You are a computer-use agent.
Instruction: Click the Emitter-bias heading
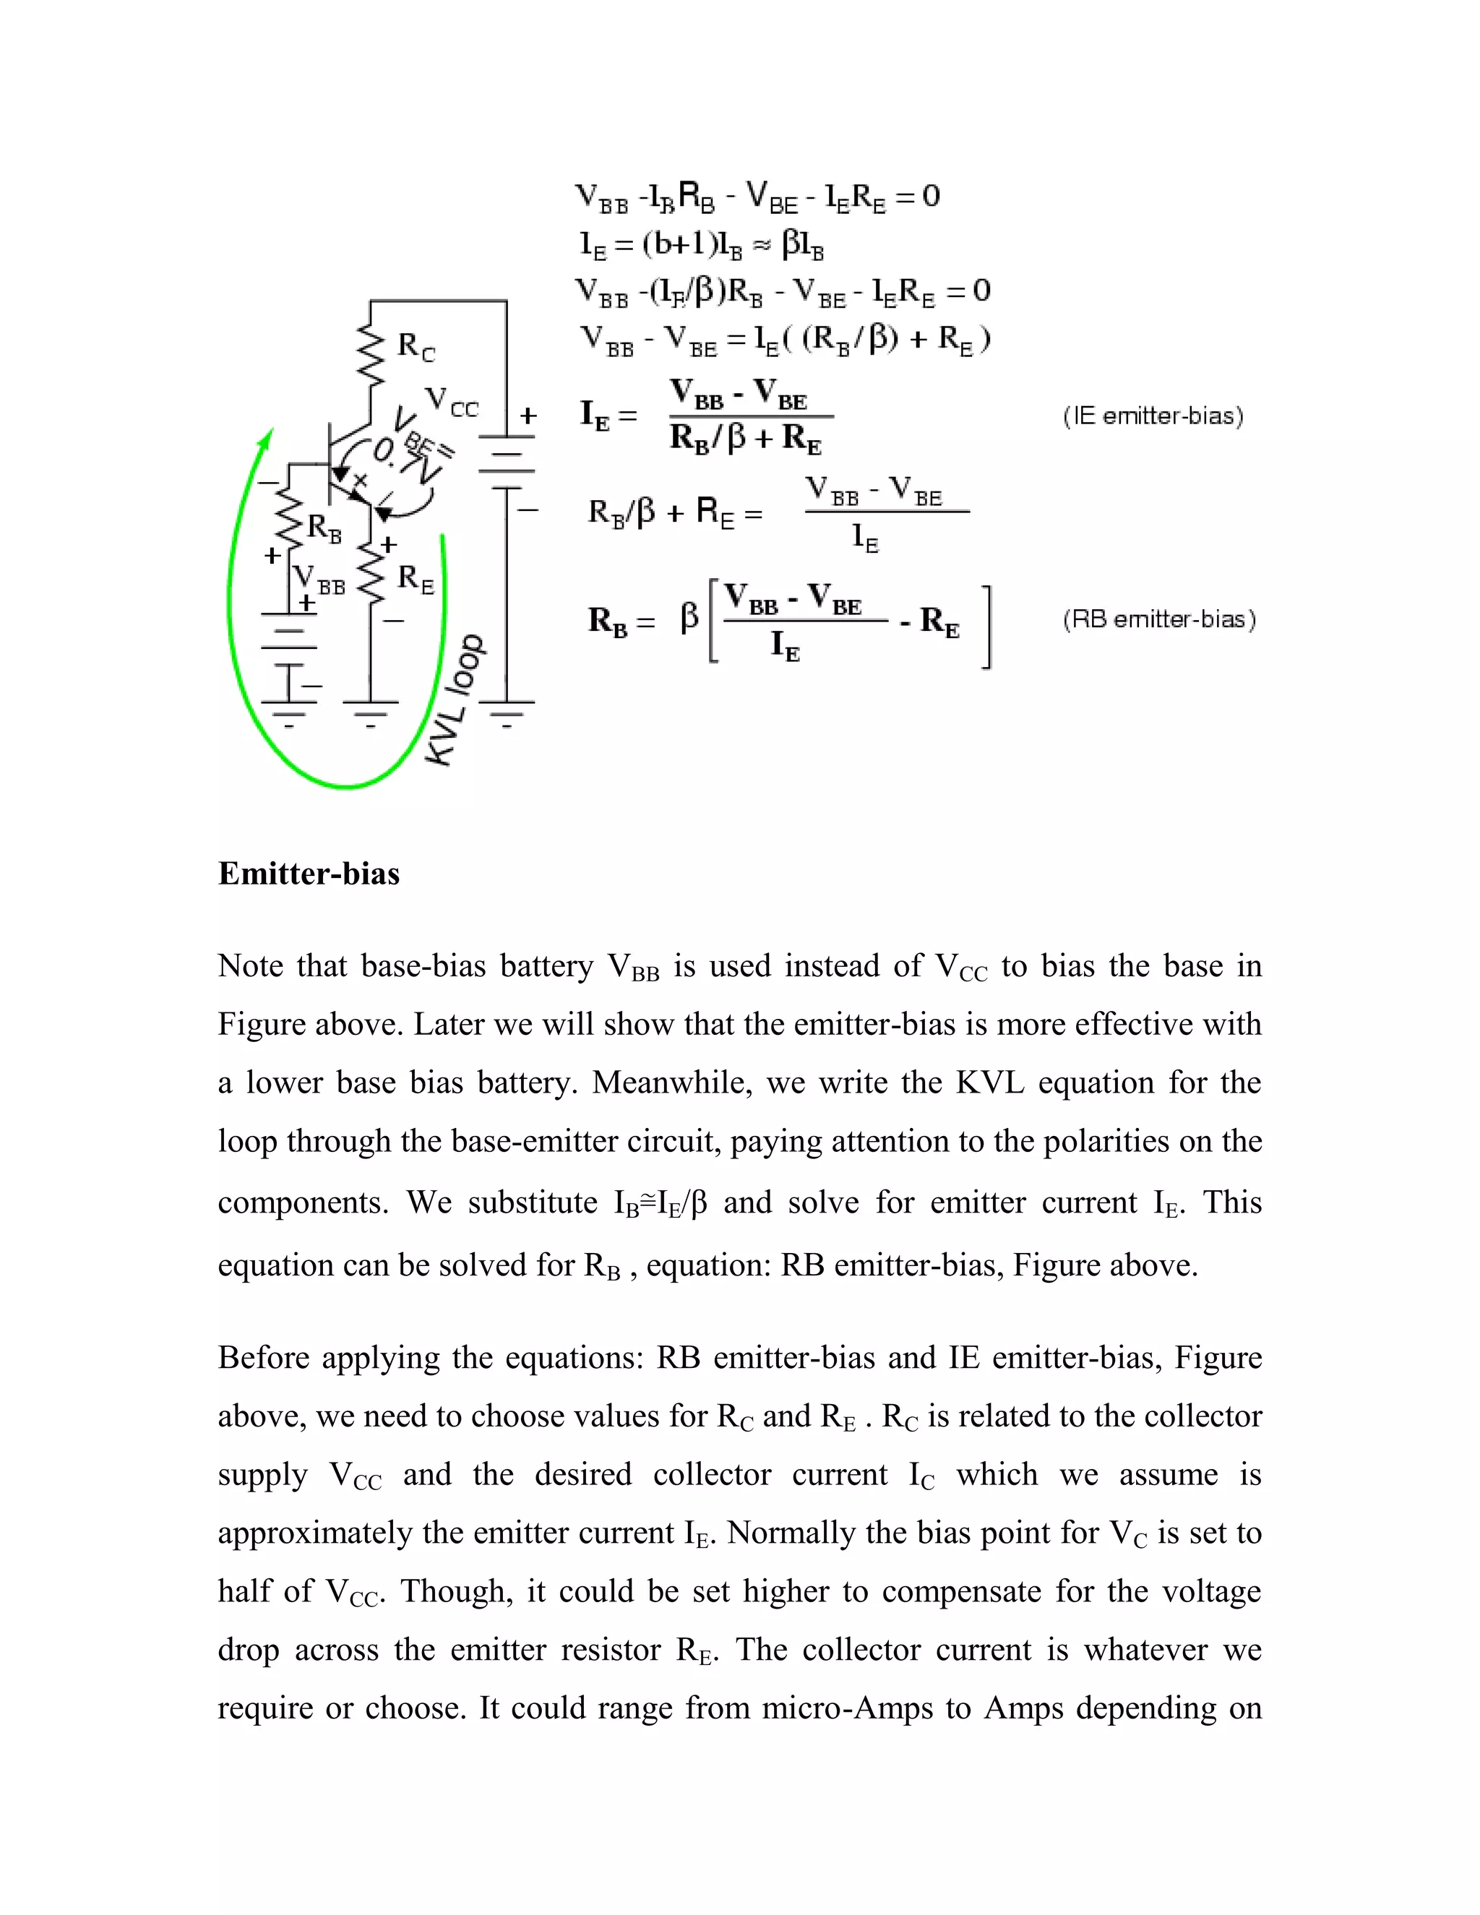(x=309, y=874)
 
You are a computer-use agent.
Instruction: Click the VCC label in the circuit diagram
(x=452, y=403)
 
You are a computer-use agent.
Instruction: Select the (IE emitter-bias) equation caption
(x=1153, y=416)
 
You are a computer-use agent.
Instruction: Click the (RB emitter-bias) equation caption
(x=1159, y=620)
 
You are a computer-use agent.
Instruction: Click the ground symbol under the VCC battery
(x=506, y=714)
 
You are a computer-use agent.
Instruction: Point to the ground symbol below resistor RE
(x=370, y=714)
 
